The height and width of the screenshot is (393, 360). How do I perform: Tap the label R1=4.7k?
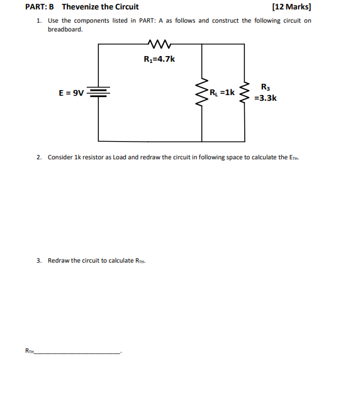point(159,60)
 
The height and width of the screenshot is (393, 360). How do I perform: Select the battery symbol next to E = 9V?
point(98,93)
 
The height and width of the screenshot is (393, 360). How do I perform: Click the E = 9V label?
point(71,93)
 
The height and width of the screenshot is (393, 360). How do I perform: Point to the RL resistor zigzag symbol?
point(203,93)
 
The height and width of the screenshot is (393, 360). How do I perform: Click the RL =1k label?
point(222,92)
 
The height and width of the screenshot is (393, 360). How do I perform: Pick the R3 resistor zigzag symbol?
point(245,93)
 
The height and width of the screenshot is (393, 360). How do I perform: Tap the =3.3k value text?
point(265,98)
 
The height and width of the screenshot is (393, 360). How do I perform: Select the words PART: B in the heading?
point(40,7)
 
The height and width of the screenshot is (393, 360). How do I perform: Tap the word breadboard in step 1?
point(65,30)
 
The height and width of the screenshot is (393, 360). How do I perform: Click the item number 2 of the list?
point(38,157)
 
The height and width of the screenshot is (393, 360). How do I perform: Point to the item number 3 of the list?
point(38,260)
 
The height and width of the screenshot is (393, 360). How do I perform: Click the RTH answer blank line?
point(78,353)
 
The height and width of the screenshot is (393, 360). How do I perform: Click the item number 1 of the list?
point(38,20)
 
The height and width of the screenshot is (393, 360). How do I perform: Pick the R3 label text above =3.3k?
point(265,87)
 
